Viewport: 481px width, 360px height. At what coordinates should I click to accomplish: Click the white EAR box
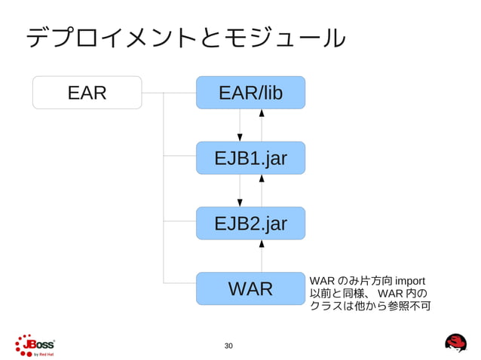coord(87,93)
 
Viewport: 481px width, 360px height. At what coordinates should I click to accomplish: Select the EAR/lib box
coord(250,93)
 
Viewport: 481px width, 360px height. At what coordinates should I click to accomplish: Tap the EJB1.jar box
coord(250,158)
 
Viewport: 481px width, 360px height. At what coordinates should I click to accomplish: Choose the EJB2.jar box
coord(250,223)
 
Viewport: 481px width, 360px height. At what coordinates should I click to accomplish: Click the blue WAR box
coord(250,288)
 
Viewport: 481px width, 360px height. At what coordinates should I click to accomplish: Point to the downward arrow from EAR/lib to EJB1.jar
coord(240,125)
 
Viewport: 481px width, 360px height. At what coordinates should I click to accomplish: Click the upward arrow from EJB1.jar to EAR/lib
coord(262,125)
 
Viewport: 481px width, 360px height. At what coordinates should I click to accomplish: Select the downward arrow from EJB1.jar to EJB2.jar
coord(240,191)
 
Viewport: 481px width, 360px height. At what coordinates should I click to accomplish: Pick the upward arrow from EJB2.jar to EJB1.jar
coord(262,191)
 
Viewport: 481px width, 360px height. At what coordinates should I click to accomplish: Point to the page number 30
coord(229,346)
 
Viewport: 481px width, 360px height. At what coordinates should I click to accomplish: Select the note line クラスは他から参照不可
coord(369,307)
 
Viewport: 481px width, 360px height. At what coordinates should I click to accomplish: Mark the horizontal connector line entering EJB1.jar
coord(179,157)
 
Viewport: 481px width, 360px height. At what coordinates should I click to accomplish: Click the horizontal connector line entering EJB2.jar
coord(179,221)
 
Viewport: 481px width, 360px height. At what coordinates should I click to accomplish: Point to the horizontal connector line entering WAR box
coord(179,283)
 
